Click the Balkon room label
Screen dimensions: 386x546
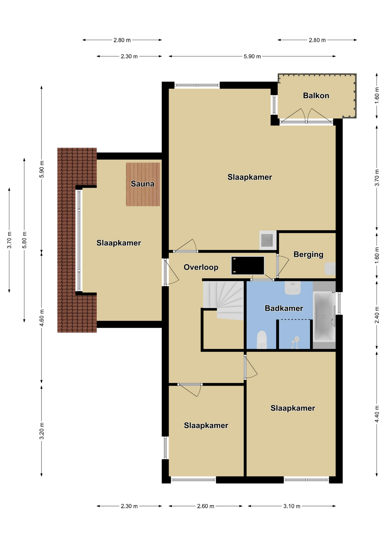(x=316, y=96)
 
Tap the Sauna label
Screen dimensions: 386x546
(x=142, y=184)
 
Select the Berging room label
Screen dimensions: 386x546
(x=308, y=255)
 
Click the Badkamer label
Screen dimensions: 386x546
(x=284, y=308)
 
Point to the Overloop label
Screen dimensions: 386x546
(x=201, y=267)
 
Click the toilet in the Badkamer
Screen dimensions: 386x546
(x=262, y=339)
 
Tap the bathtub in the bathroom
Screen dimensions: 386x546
(x=324, y=316)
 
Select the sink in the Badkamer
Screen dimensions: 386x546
(x=292, y=288)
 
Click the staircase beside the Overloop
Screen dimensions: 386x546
(x=223, y=300)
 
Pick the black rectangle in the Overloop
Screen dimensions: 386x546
(x=248, y=266)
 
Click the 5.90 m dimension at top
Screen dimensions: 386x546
(x=252, y=56)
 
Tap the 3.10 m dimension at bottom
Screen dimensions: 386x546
(x=292, y=506)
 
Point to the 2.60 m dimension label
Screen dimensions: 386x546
(x=206, y=506)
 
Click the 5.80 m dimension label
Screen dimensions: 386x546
(x=24, y=240)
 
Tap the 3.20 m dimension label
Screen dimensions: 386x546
(x=42, y=431)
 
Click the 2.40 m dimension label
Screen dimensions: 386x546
(x=377, y=315)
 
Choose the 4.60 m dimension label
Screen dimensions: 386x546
(x=42, y=318)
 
